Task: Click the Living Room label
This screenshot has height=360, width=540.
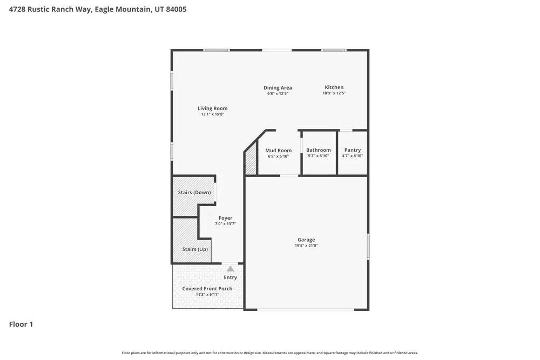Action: tap(212, 108)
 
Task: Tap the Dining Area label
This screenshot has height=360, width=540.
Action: tap(278, 87)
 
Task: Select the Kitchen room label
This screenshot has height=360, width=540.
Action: tap(334, 87)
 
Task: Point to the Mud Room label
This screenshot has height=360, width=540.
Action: tap(278, 151)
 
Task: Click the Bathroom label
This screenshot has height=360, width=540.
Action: tap(318, 150)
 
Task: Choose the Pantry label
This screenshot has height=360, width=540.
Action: tap(352, 150)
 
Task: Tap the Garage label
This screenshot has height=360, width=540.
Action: tap(306, 240)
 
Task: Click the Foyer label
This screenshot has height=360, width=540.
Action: tap(225, 218)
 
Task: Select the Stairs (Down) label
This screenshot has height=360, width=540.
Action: tap(194, 193)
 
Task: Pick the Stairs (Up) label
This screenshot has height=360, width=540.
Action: tap(195, 249)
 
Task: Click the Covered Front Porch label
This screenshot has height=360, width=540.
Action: tap(207, 289)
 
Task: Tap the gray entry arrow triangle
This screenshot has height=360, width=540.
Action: tap(231, 269)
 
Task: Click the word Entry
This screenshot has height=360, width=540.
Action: tap(231, 277)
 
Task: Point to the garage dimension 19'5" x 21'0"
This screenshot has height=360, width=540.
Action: tap(306, 246)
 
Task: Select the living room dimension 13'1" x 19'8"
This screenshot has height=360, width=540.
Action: tap(212, 114)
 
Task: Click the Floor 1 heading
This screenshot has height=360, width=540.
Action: tap(21, 324)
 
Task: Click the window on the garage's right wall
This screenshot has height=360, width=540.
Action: tap(368, 246)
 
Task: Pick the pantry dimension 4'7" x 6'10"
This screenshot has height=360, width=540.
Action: tap(352, 156)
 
